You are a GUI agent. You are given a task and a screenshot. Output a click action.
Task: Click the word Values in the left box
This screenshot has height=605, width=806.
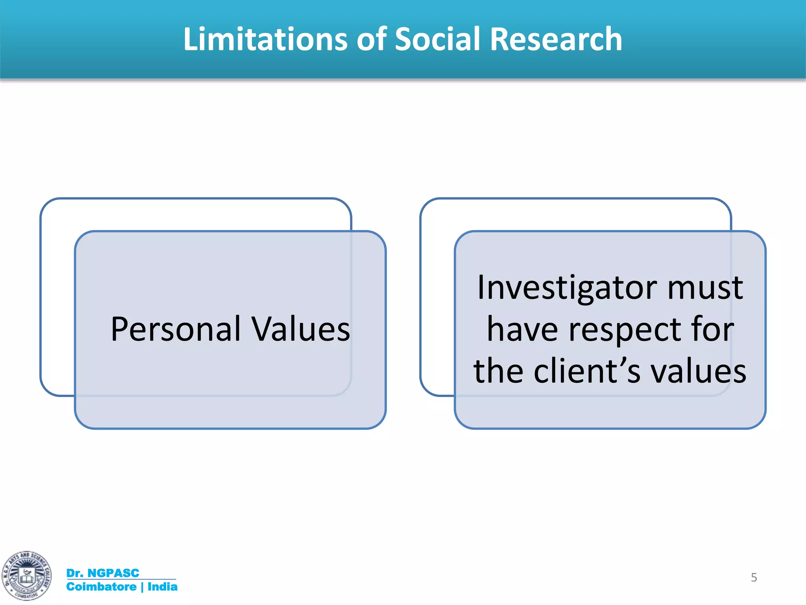301,329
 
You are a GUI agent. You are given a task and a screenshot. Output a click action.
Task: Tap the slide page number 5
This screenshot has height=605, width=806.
754,577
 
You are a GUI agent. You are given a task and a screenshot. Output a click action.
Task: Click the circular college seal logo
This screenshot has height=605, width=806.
26,576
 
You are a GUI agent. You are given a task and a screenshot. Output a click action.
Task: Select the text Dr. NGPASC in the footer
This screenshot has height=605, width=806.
103,573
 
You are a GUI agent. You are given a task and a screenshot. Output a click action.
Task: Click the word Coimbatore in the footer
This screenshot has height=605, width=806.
101,586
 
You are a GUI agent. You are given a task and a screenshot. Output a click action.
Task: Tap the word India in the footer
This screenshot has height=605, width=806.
162,586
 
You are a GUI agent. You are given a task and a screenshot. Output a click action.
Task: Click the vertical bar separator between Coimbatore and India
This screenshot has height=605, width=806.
142,587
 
